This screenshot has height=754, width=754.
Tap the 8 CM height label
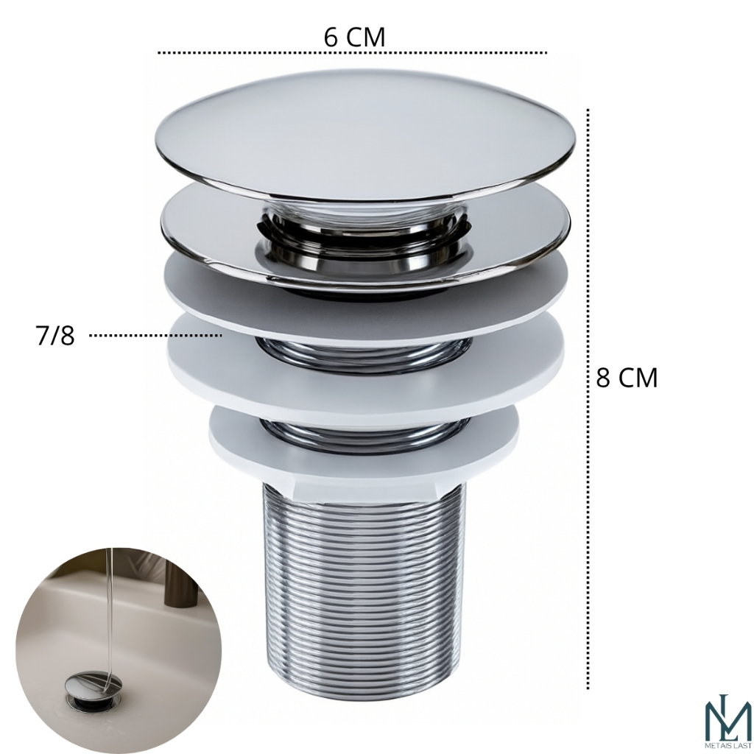(x=627, y=378)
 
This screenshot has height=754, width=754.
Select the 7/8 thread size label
(x=55, y=335)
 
